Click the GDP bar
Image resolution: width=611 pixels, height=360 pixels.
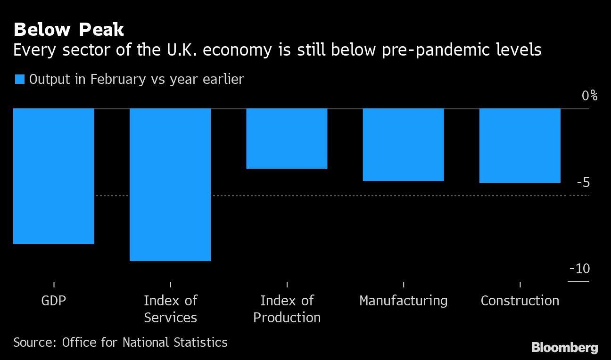pos(54,176)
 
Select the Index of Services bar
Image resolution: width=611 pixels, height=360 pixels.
pos(170,184)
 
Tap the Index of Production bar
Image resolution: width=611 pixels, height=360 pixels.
pos(287,139)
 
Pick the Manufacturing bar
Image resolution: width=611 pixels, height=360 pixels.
pos(403,145)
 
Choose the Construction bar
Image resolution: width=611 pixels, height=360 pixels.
pos(520,146)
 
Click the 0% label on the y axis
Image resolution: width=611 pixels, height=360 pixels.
pos(589,96)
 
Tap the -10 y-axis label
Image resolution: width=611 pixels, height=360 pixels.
pos(579,269)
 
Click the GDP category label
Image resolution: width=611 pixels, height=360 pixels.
pos(54,301)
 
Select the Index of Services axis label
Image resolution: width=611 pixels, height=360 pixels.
pos(170,309)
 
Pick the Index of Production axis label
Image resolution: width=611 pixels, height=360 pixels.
pos(287,309)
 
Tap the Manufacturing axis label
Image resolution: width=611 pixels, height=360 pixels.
pos(403,301)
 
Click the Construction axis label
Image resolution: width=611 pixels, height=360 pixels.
pos(520,301)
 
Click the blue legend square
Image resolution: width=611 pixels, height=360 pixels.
pos(19,79)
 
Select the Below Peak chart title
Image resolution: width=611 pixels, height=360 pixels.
pos(69,30)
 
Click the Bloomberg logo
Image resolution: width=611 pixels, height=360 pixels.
pos(564,348)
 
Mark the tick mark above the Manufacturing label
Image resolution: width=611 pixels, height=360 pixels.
pos(403,284)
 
